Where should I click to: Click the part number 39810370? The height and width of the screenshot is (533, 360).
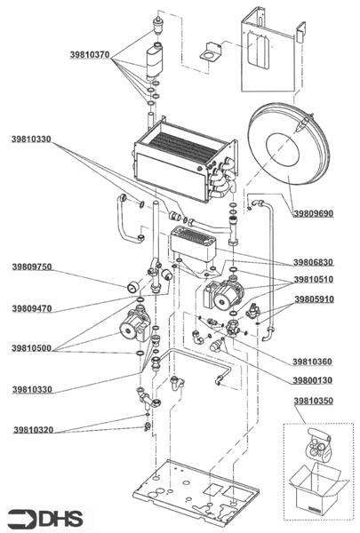pyautogui.click(x=89, y=54)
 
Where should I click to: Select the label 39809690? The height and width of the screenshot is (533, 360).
pyautogui.click(x=314, y=214)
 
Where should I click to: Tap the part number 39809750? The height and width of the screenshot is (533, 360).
pyautogui.click(x=32, y=266)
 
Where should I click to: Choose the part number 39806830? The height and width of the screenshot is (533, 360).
pyautogui.click(x=314, y=262)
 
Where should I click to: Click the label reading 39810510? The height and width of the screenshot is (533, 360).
pyautogui.click(x=314, y=280)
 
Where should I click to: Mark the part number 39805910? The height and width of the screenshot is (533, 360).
pyautogui.click(x=314, y=299)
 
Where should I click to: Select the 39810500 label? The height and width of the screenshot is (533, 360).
pyautogui.click(x=32, y=348)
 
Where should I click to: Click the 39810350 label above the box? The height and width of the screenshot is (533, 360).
pyautogui.click(x=313, y=402)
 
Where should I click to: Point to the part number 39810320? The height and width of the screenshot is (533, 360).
pyautogui.click(x=32, y=430)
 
